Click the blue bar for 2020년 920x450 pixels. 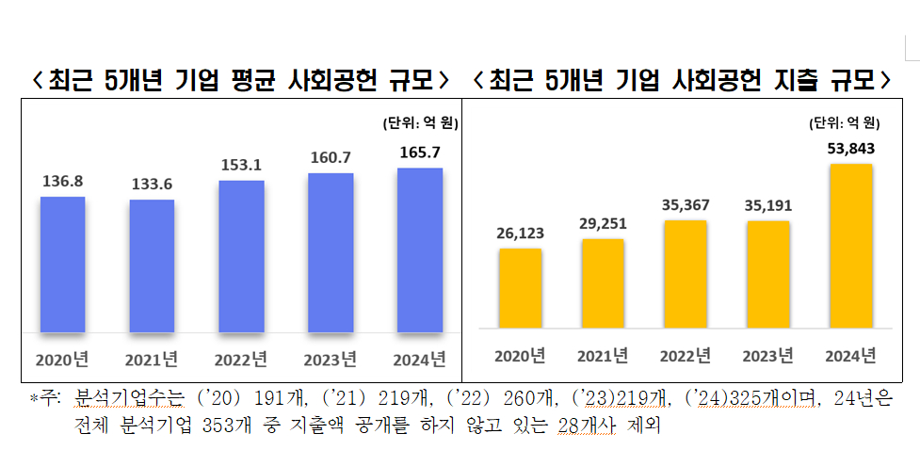click(62, 265)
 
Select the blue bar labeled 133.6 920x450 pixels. click(152, 266)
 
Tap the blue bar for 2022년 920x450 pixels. click(241, 256)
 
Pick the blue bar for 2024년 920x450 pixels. click(420, 250)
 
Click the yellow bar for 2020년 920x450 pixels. click(520, 288)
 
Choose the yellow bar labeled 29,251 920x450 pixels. click(603, 283)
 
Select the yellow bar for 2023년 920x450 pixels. click(767, 274)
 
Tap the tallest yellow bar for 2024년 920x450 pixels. click(850, 246)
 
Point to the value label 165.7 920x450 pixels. click(420, 151)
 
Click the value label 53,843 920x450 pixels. click(850, 147)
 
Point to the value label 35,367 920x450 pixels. click(685, 203)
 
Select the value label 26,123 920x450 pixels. click(520, 232)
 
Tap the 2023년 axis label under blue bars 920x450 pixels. click(331, 359)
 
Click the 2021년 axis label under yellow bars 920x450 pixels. click(603, 356)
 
